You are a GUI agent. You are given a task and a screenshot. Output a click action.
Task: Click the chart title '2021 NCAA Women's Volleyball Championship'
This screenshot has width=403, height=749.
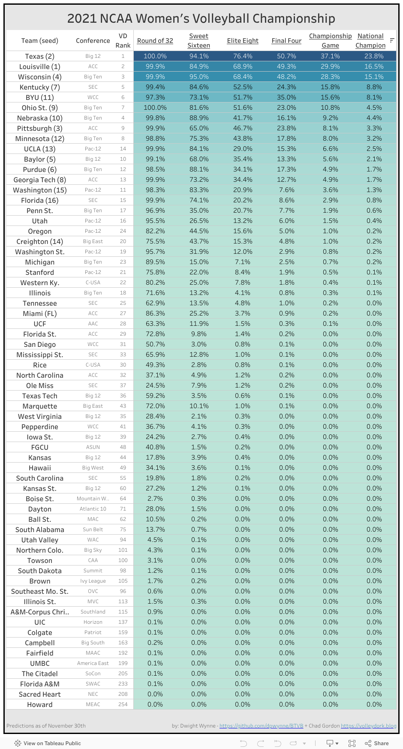tap(201, 18)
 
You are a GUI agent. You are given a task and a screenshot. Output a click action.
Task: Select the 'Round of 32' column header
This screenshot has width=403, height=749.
tap(155, 41)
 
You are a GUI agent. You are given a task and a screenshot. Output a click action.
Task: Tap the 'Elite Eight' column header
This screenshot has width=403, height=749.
tap(243, 41)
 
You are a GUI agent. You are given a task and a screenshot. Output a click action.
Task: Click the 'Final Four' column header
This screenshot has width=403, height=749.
tap(286, 41)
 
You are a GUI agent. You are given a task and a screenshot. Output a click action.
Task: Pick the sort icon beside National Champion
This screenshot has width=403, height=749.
tap(392, 40)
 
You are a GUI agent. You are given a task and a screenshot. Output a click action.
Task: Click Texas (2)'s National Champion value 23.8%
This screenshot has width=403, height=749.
tap(374, 56)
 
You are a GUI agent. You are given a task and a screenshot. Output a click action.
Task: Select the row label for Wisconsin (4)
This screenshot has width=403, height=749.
tap(40, 77)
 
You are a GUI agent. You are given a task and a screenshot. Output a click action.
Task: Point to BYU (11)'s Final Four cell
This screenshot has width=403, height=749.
tap(286, 97)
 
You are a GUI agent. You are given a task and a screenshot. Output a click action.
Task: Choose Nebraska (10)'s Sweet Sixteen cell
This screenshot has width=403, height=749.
tap(199, 118)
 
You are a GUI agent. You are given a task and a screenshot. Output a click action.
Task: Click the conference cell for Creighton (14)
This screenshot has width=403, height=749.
tap(93, 241)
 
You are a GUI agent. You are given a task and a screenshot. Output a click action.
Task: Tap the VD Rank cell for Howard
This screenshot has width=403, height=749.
tap(123, 704)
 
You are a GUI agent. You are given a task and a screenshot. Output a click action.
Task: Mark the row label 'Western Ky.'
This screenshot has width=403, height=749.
tap(40, 283)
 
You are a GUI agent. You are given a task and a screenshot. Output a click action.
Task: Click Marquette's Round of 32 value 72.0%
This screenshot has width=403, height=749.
tap(155, 406)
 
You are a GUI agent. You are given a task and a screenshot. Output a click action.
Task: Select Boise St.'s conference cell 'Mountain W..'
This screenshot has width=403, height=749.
tap(93, 499)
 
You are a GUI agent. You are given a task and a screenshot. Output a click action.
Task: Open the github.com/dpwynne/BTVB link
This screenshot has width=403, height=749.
tap(261, 726)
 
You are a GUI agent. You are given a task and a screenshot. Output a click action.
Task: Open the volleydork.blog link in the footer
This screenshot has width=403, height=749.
tap(369, 726)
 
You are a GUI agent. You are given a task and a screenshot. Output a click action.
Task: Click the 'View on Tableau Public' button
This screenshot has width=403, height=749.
tap(48, 743)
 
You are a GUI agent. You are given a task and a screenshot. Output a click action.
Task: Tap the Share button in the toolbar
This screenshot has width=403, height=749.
tap(377, 743)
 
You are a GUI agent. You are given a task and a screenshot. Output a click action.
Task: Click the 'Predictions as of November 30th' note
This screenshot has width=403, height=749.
tap(46, 726)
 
